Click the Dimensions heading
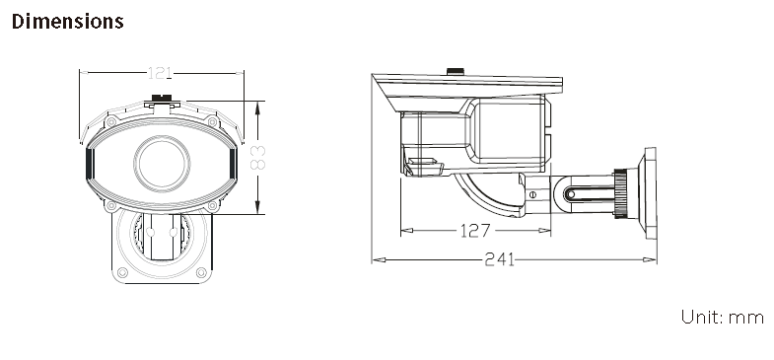68,22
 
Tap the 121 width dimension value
160,73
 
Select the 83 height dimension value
257,158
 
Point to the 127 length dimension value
475,230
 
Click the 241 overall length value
499,259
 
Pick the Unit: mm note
722,317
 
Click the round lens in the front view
162,163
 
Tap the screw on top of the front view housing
162,98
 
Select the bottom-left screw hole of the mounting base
122,272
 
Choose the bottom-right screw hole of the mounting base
201,272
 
